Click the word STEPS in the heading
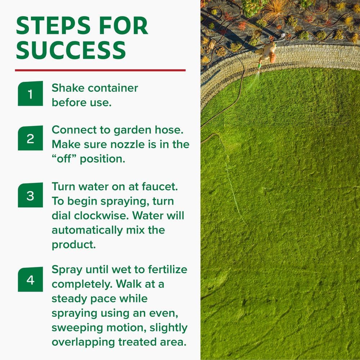53,26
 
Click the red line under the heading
100,70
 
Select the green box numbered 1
30,94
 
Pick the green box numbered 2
30,138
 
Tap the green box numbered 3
30,195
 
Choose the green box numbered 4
30,279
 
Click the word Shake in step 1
68,88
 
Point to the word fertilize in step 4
168,270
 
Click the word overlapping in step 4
83,342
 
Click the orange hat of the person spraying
273,58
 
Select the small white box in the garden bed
283,35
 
